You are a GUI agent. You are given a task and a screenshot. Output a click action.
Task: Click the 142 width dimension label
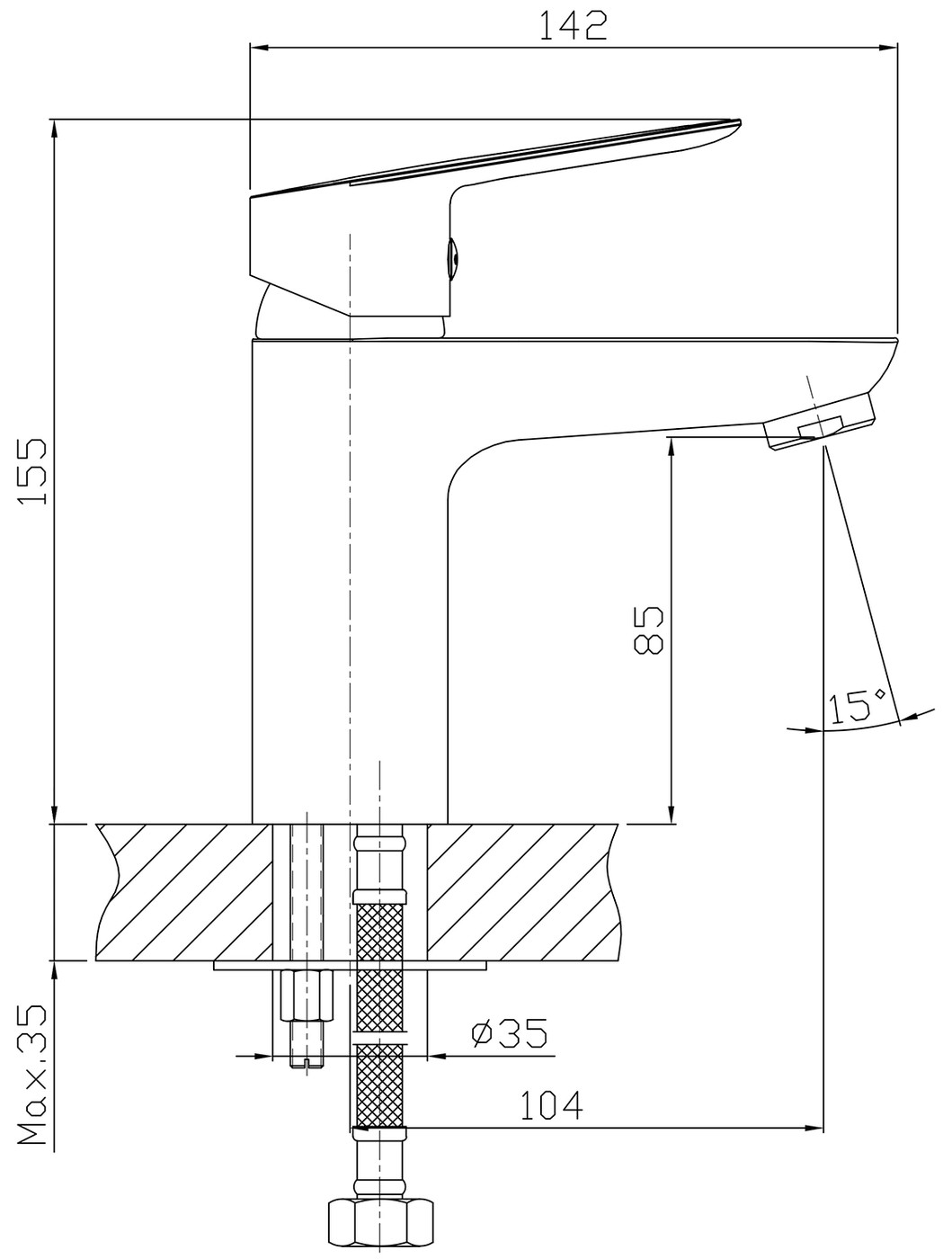(x=574, y=26)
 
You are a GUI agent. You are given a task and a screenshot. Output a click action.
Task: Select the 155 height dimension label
(x=32, y=471)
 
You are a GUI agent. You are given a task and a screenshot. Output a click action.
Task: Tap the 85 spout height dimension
(x=648, y=629)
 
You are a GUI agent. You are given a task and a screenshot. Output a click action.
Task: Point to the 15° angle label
(x=858, y=706)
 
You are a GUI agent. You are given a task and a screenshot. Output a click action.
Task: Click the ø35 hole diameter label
(x=510, y=1032)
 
